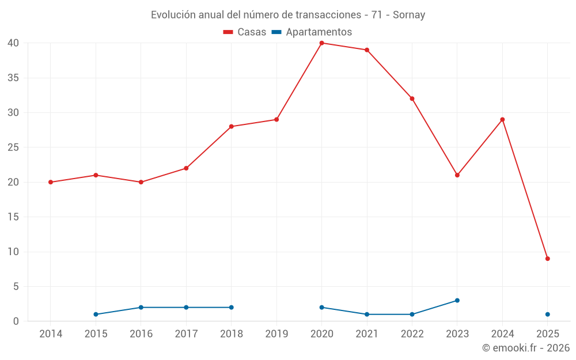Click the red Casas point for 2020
click(x=321, y=43)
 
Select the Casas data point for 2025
click(x=547, y=259)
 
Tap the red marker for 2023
click(x=457, y=175)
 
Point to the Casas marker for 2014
click(x=51, y=182)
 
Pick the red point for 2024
click(x=502, y=120)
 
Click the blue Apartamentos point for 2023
click(x=457, y=300)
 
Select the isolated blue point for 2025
click(x=547, y=314)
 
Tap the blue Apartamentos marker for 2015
click(x=96, y=314)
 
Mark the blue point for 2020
click(x=321, y=308)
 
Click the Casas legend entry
click(x=245, y=32)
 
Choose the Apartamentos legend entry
click(x=312, y=32)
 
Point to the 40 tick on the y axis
click(x=13, y=43)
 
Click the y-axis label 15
click(x=13, y=217)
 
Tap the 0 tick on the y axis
click(x=16, y=321)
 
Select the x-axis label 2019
click(x=276, y=334)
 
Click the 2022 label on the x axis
click(x=412, y=334)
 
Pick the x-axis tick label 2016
click(x=141, y=334)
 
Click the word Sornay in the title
click(x=409, y=15)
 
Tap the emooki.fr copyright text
click(x=525, y=348)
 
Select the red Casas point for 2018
click(x=231, y=127)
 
